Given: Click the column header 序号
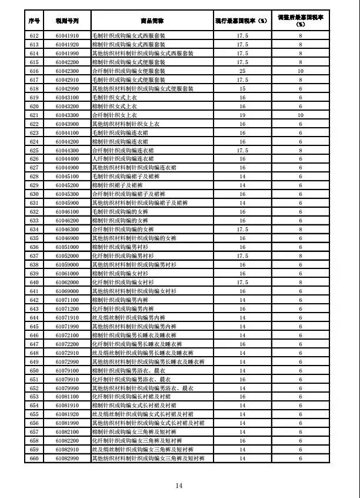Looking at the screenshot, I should tap(34, 21).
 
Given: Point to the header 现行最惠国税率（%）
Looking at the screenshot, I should tap(242, 21).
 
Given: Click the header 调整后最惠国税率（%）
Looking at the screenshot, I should tap(300, 21).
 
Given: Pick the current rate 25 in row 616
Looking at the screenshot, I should tap(242, 71).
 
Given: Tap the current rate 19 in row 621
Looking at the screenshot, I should tap(242, 115).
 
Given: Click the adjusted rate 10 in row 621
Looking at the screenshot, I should tap(300, 115).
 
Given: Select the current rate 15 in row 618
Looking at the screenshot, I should tap(242, 88).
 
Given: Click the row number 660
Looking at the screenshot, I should tap(34, 458).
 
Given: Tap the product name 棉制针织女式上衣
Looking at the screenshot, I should tap(115, 106).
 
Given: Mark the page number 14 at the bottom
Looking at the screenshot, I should tap(179, 485).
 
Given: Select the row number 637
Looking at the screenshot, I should tap(34, 255).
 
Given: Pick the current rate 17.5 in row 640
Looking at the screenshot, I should tap(242, 282).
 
